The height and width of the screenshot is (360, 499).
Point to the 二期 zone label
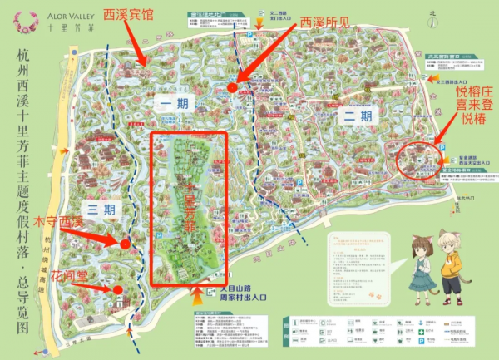coord(353,117)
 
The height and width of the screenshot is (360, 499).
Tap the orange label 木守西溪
coord(59,221)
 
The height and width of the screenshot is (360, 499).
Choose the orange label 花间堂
coord(68,274)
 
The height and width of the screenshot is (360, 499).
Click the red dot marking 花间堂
coord(118,290)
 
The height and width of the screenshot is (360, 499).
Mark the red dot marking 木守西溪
coord(125,244)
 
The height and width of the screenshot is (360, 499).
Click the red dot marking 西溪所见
coord(232,87)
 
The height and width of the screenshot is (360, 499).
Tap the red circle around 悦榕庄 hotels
coord(420,156)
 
